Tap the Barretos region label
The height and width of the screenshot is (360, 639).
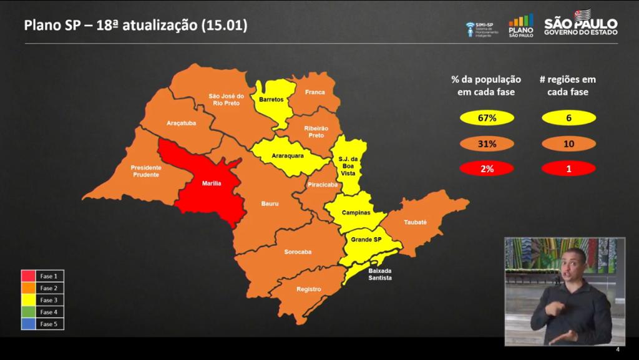point(271,99)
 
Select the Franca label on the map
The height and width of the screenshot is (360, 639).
point(315,92)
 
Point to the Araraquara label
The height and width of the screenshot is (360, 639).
point(288,155)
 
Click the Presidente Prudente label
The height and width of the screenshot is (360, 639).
point(146,171)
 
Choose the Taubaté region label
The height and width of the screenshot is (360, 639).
point(415,221)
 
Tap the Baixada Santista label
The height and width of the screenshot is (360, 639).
point(380,275)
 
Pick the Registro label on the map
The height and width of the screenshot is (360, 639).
point(309,289)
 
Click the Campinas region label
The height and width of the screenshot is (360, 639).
point(356,213)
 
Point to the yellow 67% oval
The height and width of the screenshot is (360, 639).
point(487,117)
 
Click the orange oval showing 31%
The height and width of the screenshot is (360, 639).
point(487,144)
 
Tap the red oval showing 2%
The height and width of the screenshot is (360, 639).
point(487,168)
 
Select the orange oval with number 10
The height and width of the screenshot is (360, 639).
point(568,144)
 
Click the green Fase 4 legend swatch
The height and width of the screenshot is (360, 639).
point(29,312)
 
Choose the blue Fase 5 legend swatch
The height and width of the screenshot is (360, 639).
point(29,324)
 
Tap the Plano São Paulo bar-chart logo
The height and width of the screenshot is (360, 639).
point(521,25)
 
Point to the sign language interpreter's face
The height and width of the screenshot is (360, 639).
point(572,266)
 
